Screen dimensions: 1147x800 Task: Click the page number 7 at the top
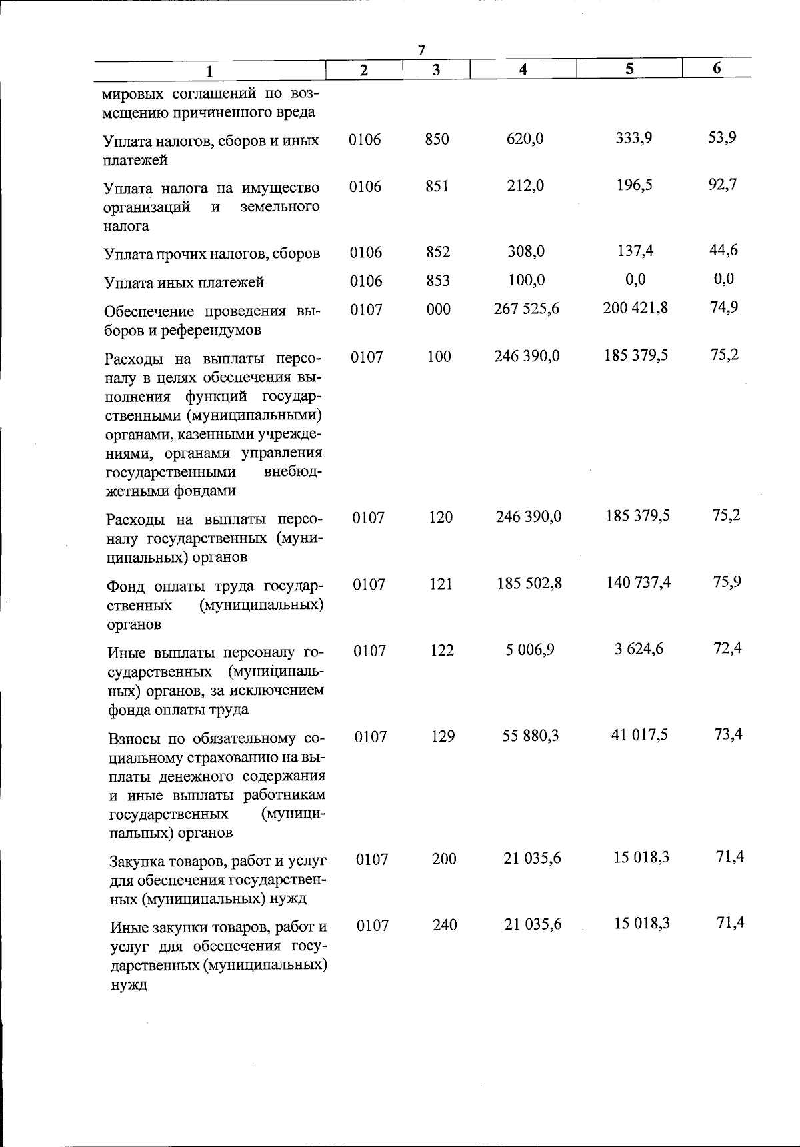point(421,51)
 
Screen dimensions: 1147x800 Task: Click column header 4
point(523,69)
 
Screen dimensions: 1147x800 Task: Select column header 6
point(717,68)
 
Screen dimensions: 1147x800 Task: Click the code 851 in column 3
point(437,186)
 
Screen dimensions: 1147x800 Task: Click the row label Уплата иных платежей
point(184,283)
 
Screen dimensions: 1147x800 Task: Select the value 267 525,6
point(526,309)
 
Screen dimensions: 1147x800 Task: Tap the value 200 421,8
point(635,307)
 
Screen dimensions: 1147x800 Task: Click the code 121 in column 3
point(440,584)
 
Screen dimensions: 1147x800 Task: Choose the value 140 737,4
point(638,582)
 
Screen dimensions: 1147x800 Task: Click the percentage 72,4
point(727,648)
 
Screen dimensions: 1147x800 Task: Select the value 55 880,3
point(531,736)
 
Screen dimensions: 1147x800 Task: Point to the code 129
point(442,736)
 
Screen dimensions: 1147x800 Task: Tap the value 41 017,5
point(639,735)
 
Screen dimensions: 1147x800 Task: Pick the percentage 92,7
point(723,184)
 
